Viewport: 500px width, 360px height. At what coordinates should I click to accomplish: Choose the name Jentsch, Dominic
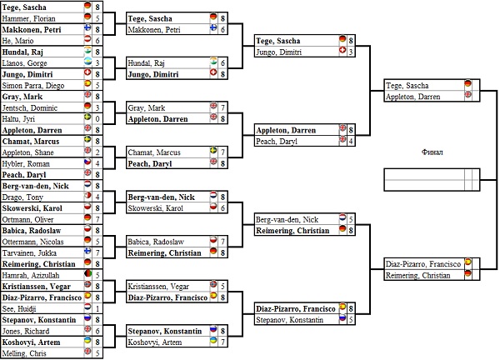click(x=30, y=107)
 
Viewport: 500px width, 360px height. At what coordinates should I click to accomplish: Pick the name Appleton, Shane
click(x=29, y=152)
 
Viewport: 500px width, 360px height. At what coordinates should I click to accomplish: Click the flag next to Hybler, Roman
click(x=87, y=163)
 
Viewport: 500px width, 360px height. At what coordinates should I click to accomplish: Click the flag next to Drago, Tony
click(x=87, y=197)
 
